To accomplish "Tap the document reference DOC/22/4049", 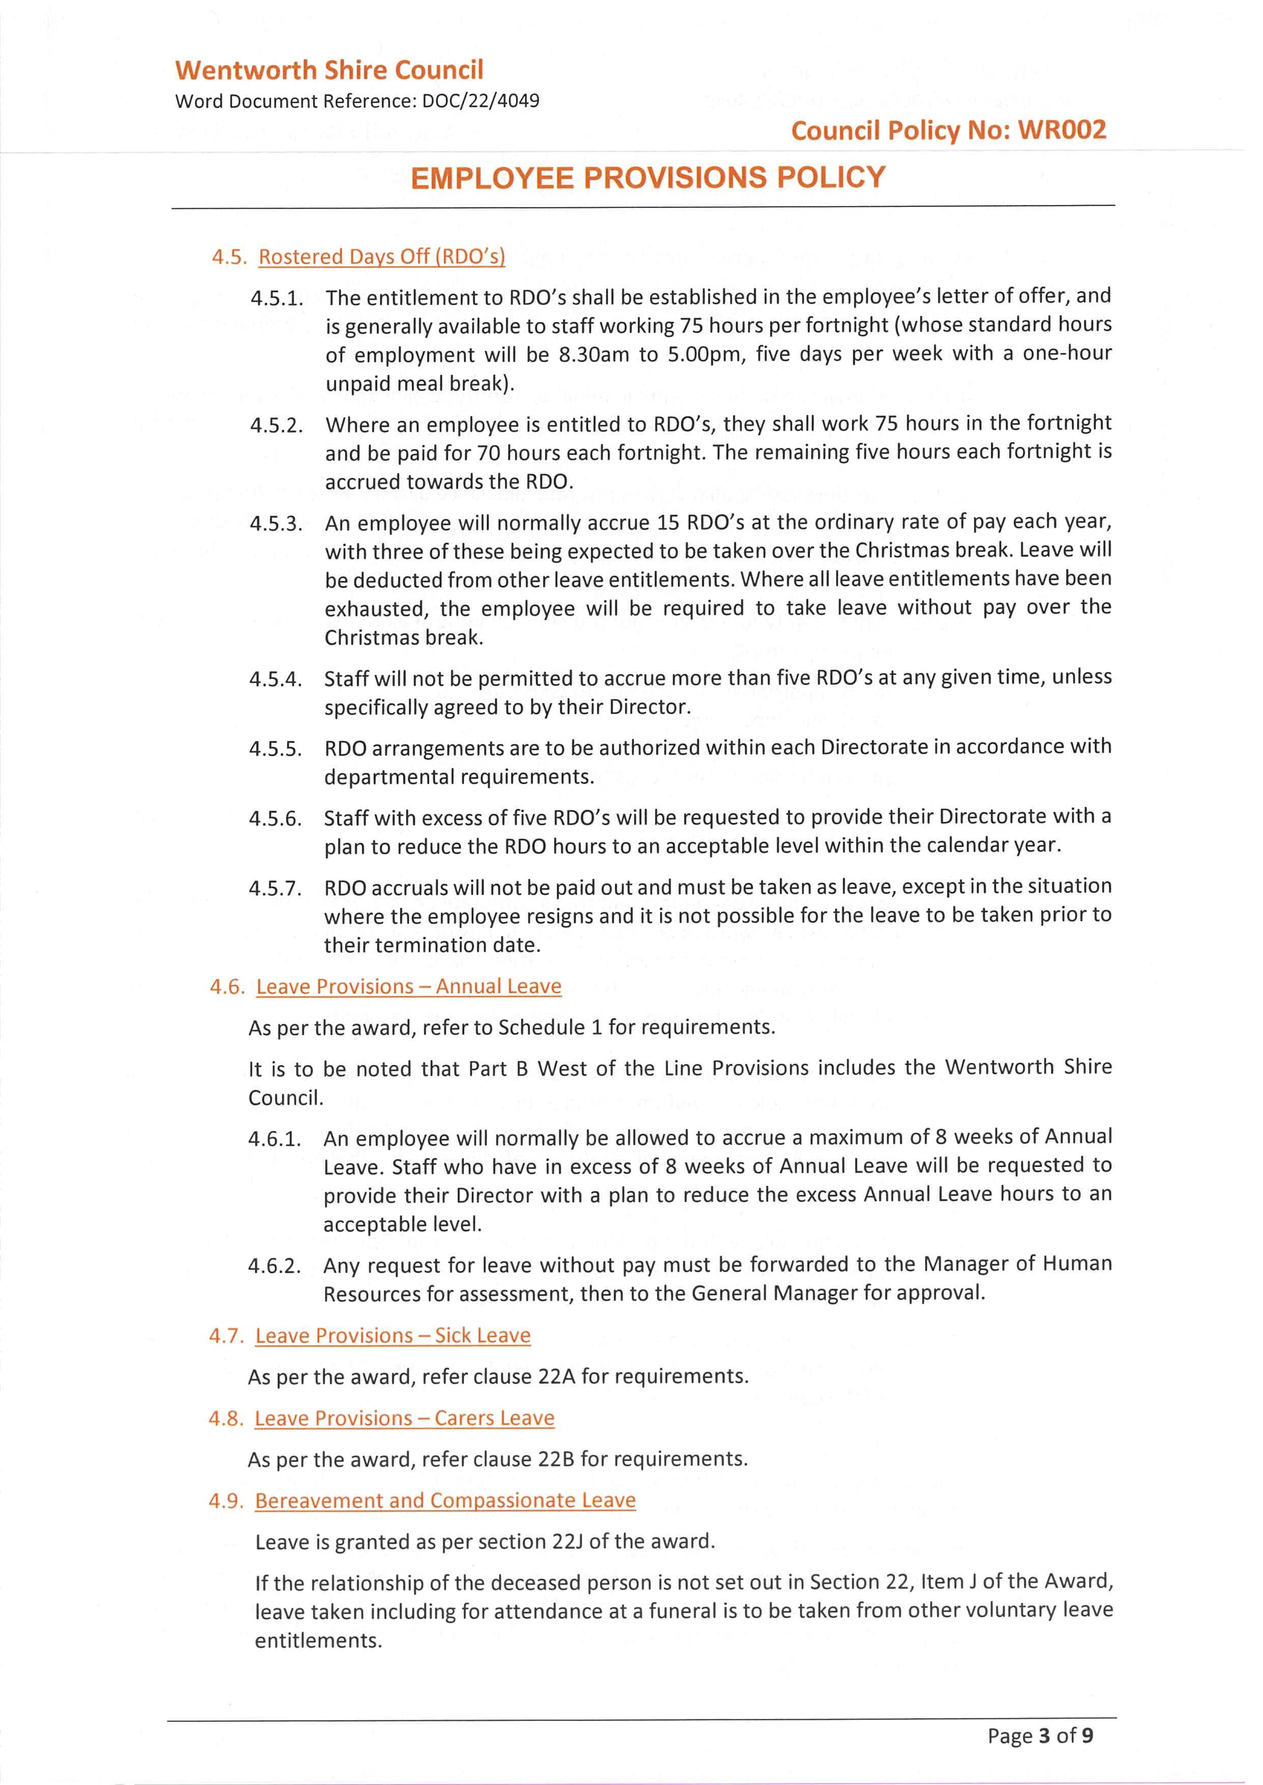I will click(x=481, y=101).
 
